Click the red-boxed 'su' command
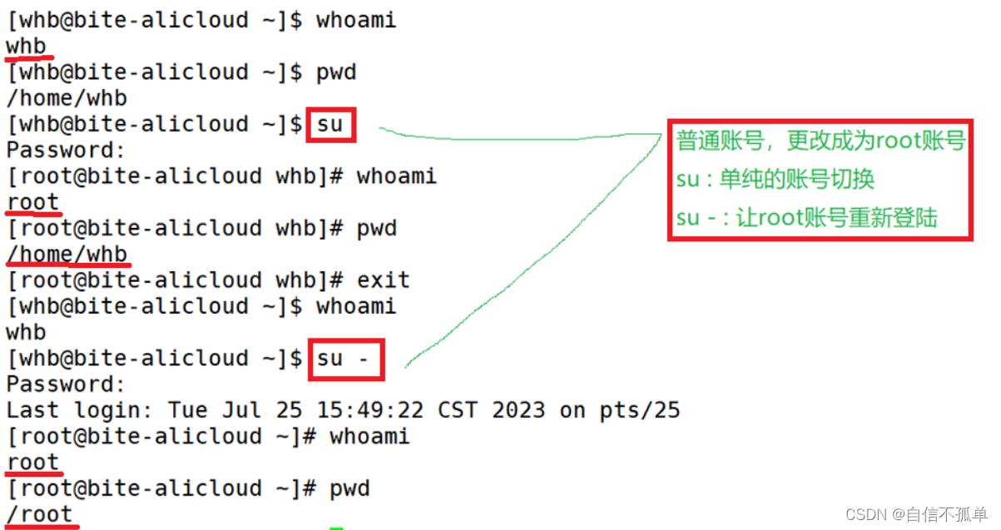pyautogui.click(x=330, y=125)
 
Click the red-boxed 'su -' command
pyautogui.click(x=345, y=359)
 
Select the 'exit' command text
pyautogui.click(x=384, y=280)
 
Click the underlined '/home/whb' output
pyautogui.click(x=67, y=254)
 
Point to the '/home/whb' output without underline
pyautogui.click(x=67, y=98)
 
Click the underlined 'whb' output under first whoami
pyautogui.click(x=26, y=47)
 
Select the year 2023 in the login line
pyautogui.click(x=518, y=410)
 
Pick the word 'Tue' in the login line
pyautogui.click(x=188, y=410)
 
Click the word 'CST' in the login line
pyautogui.click(x=458, y=410)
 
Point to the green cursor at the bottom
pyautogui.click(x=336, y=528)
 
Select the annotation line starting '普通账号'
pyautogui.click(x=820, y=141)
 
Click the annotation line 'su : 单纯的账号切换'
pyautogui.click(x=776, y=180)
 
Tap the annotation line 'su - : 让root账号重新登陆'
pyautogui.click(x=806, y=218)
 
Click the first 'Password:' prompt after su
pyautogui.click(x=66, y=151)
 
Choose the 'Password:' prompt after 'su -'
pyautogui.click(x=66, y=384)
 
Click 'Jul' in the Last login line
pyautogui.click(x=241, y=410)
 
